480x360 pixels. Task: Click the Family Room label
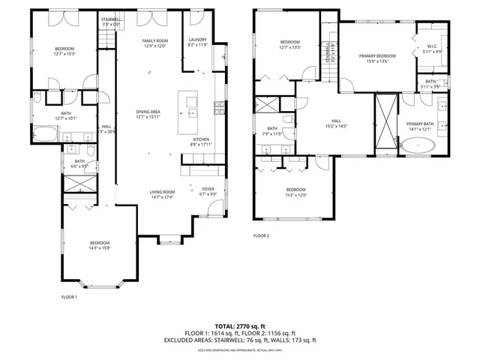pyautogui.click(x=155, y=43)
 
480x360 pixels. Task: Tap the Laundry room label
pyautogui.click(x=198, y=42)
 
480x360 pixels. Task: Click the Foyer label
pyautogui.click(x=208, y=191)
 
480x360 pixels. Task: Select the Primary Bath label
pyautogui.click(x=421, y=126)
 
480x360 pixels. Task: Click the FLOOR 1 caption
pyautogui.click(x=69, y=297)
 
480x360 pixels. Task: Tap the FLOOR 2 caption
pyautogui.click(x=261, y=235)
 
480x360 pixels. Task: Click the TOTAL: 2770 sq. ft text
pyautogui.click(x=240, y=326)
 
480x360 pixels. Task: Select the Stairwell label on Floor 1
pyautogui.click(x=111, y=22)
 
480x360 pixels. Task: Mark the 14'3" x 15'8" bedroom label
pyautogui.click(x=100, y=246)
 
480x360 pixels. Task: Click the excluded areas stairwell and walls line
pyautogui.click(x=240, y=340)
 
